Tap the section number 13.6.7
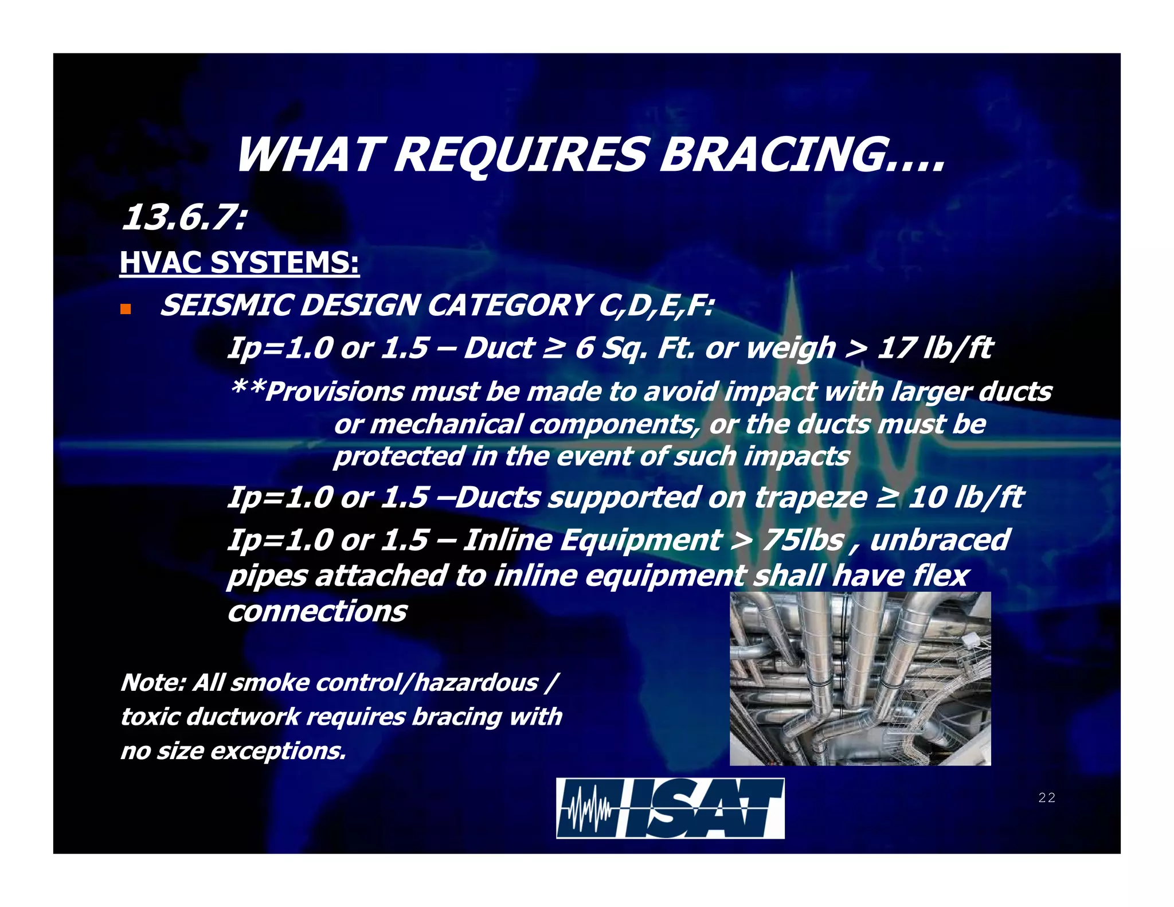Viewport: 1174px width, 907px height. [183, 218]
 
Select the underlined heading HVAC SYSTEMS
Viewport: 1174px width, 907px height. [239, 263]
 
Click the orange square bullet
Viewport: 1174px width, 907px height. [126, 310]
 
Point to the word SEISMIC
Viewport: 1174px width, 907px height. [226, 305]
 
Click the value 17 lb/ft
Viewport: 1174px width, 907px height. [935, 348]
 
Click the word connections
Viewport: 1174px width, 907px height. [317, 611]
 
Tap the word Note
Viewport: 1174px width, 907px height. [152, 683]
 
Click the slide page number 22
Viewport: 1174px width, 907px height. [1046, 797]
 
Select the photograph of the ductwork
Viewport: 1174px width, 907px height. [859, 679]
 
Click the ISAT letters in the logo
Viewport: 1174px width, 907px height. [702, 809]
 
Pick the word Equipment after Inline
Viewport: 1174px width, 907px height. [640, 540]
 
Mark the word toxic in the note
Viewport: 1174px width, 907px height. [152, 717]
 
